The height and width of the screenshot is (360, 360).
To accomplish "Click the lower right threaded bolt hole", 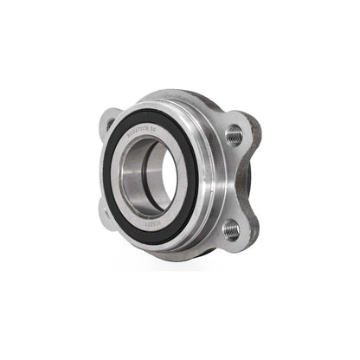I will click(230, 229).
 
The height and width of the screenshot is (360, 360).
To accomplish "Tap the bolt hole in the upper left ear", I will click(110, 124).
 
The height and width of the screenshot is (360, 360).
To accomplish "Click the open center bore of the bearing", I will click(160, 177).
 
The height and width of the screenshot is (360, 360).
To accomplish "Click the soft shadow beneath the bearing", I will click(173, 264).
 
